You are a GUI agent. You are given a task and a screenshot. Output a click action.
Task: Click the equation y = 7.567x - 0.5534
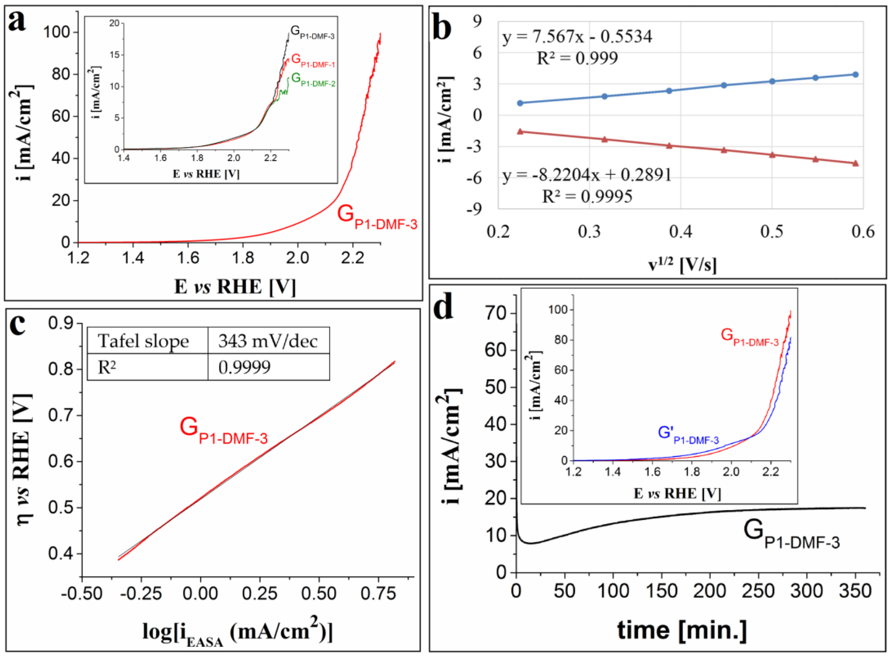(577, 37)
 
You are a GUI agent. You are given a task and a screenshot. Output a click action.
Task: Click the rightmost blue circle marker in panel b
(855, 75)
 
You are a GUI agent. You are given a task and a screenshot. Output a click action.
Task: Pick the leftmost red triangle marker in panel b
(520, 132)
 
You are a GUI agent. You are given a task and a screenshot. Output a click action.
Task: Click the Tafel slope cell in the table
(143, 341)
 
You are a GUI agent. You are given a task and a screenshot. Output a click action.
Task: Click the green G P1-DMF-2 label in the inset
(313, 80)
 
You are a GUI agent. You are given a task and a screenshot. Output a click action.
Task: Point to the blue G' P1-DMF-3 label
(688, 435)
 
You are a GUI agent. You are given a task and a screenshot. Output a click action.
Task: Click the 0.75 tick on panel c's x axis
(378, 594)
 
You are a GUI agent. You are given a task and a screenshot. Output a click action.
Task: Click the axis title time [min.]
(682, 631)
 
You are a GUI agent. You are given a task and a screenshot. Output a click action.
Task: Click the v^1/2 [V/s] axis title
(682, 264)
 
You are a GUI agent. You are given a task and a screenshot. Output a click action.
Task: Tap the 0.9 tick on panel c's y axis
(61, 323)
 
